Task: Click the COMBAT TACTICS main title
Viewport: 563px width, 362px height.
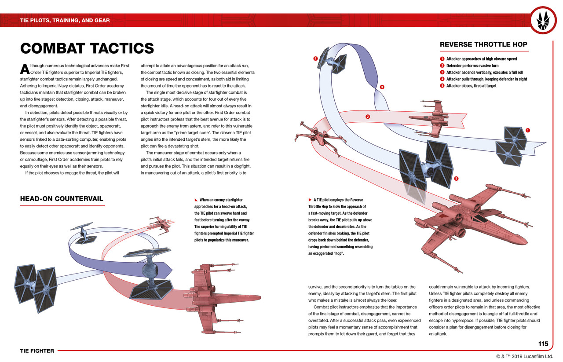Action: [87, 48]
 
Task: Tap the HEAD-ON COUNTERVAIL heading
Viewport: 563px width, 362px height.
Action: [62, 199]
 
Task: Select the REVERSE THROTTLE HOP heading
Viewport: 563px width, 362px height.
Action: [483, 44]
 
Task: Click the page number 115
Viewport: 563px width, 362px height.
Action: [543, 344]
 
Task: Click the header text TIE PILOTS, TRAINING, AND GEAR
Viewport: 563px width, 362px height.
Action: [65, 20]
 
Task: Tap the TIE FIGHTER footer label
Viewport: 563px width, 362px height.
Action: [37, 351]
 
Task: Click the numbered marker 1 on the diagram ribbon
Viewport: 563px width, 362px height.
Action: [527, 130]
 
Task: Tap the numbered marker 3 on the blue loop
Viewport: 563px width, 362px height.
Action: [382, 87]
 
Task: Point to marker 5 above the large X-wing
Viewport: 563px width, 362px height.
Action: [456, 179]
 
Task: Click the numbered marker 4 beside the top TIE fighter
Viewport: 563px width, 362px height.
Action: [315, 59]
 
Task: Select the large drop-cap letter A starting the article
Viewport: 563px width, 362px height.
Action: [25, 69]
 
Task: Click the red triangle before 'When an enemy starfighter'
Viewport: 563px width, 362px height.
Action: [196, 200]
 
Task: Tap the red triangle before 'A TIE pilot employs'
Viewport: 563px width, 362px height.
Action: [310, 200]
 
